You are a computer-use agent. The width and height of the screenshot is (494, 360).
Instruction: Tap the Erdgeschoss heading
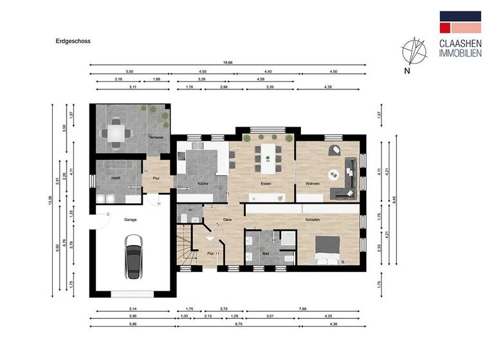tap(73, 40)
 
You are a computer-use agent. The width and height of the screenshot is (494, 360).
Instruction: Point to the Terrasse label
tap(156, 138)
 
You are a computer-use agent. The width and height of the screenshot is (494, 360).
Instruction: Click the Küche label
tap(203, 184)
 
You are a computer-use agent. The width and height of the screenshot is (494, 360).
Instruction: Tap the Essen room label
tap(266, 184)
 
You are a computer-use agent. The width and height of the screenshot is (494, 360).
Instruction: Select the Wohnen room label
tap(313, 184)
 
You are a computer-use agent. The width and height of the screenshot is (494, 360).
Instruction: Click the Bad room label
tap(266, 254)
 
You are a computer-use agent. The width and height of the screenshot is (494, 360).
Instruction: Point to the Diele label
tap(227, 219)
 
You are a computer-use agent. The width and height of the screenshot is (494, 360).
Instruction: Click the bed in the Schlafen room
tap(327, 251)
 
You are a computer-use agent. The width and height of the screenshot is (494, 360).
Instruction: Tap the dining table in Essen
tap(266, 157)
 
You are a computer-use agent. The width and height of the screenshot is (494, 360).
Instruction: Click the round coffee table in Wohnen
tap(334, 173)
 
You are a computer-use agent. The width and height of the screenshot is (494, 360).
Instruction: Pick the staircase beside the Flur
tap(187, 251)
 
